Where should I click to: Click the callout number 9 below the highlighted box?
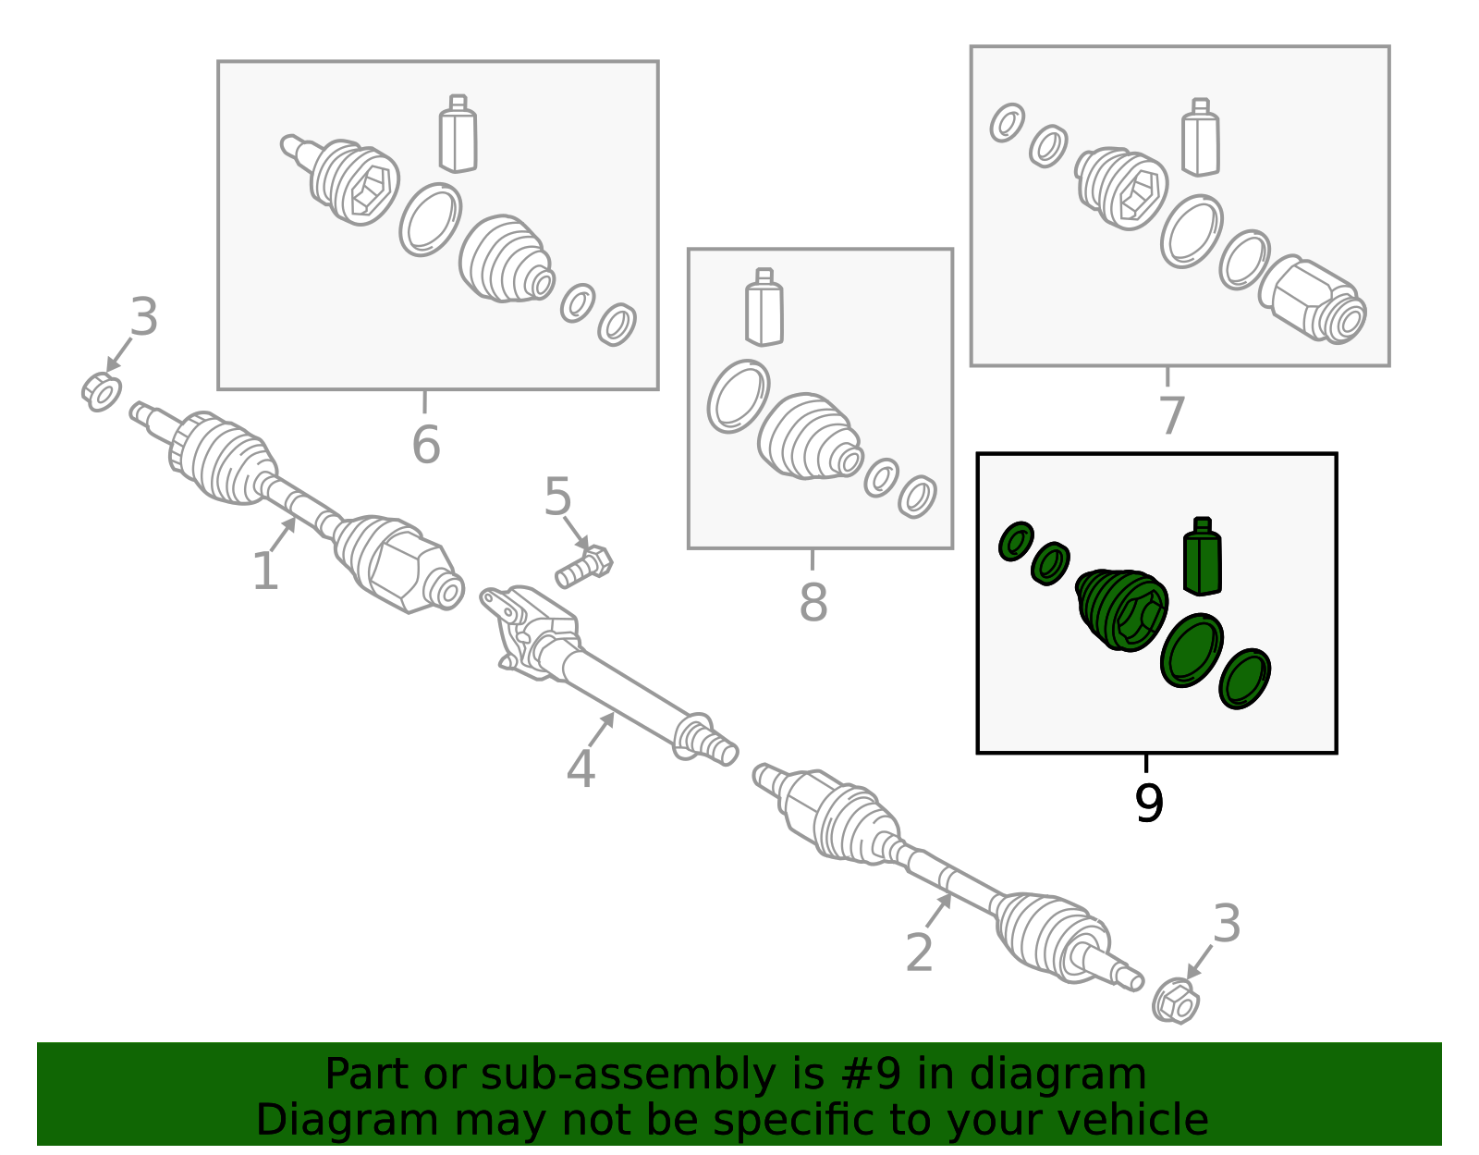coord(1149,804)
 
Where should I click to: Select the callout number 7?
coord(1171,414)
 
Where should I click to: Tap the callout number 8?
coord(813,602)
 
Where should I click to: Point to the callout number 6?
coord(426,445)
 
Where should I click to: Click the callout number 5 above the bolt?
coord(557,497)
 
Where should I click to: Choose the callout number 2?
coord(919,952)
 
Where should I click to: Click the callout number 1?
coord(265,571)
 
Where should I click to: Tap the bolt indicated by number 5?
coord(584,566)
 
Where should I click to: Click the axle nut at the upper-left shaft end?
coord(102,392)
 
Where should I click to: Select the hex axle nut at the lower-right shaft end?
coord(1176,1001)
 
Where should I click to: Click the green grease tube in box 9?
coord(1203,556)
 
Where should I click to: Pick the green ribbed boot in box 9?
coord(1122,609)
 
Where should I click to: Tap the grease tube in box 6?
coord(458,133)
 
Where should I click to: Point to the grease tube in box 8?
coord(764,307)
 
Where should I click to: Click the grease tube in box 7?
coord(1201,138)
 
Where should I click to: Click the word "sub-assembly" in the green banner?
coord(629,1074)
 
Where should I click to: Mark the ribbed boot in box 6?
coord(507,259)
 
